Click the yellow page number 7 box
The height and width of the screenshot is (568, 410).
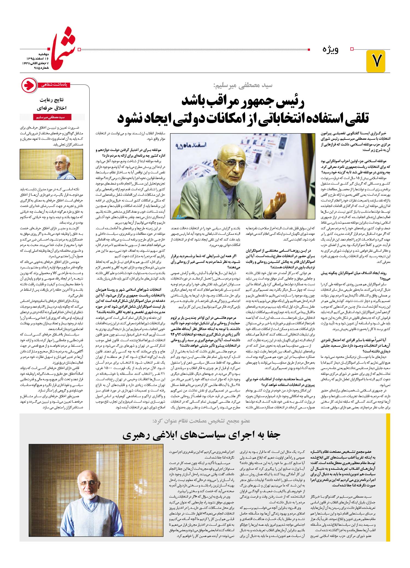pos(376,61)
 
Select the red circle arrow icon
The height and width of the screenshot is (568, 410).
pos(29,85)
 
